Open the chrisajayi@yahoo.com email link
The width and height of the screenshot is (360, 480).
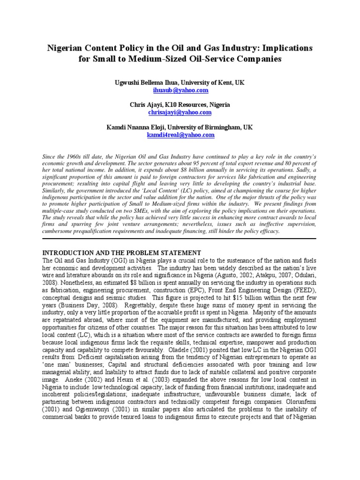tap(180, 112)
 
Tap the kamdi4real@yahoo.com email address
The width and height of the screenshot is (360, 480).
tap(180, 135)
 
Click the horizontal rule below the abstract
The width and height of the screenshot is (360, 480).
tap(180, 239)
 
